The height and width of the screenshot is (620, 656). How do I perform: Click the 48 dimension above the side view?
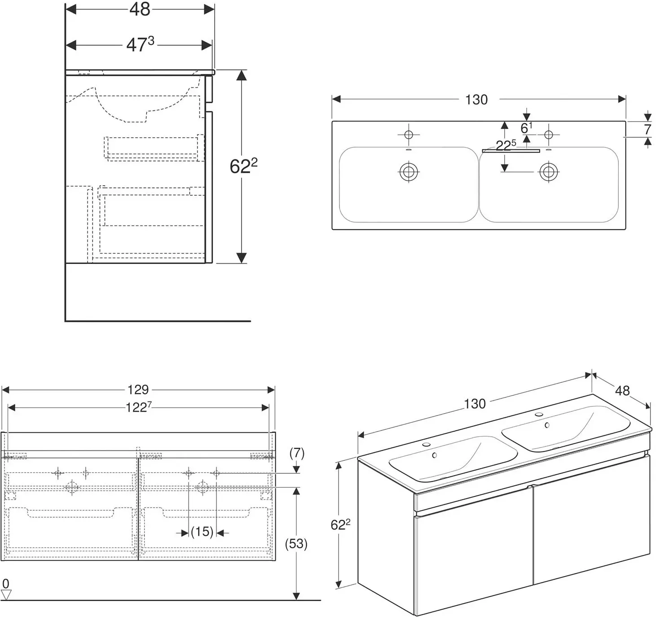point(140,9)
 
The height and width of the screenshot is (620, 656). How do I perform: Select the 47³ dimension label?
point(140,44)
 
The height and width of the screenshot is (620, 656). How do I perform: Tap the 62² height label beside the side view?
point(243,166)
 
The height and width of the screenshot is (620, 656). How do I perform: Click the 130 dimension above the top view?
point(476,100)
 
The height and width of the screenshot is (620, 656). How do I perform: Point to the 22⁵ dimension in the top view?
point(506,145)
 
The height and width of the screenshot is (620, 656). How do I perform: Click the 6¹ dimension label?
point(527,128)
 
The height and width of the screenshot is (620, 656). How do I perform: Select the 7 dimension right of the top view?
point(647,129)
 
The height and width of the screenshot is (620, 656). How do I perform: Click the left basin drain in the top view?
point(409,172)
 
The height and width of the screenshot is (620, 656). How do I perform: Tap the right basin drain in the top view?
point(549,172)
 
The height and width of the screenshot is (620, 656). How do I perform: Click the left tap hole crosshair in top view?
point(409,135)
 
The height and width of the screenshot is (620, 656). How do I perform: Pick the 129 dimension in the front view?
point(138,389)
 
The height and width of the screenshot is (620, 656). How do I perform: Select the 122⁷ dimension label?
point(138,407)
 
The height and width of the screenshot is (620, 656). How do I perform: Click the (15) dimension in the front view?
point(202,532)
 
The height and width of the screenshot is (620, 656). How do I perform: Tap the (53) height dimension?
point(296,544)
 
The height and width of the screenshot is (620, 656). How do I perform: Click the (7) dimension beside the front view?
point(297,453)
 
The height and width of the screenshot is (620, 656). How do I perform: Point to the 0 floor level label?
point(6,584)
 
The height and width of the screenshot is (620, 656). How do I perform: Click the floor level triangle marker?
point(6,595)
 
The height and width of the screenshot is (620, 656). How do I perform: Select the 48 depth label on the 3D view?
point(622,391)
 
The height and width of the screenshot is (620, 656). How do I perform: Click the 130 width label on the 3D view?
point(475,404)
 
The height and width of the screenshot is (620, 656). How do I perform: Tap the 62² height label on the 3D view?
point(340,524)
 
